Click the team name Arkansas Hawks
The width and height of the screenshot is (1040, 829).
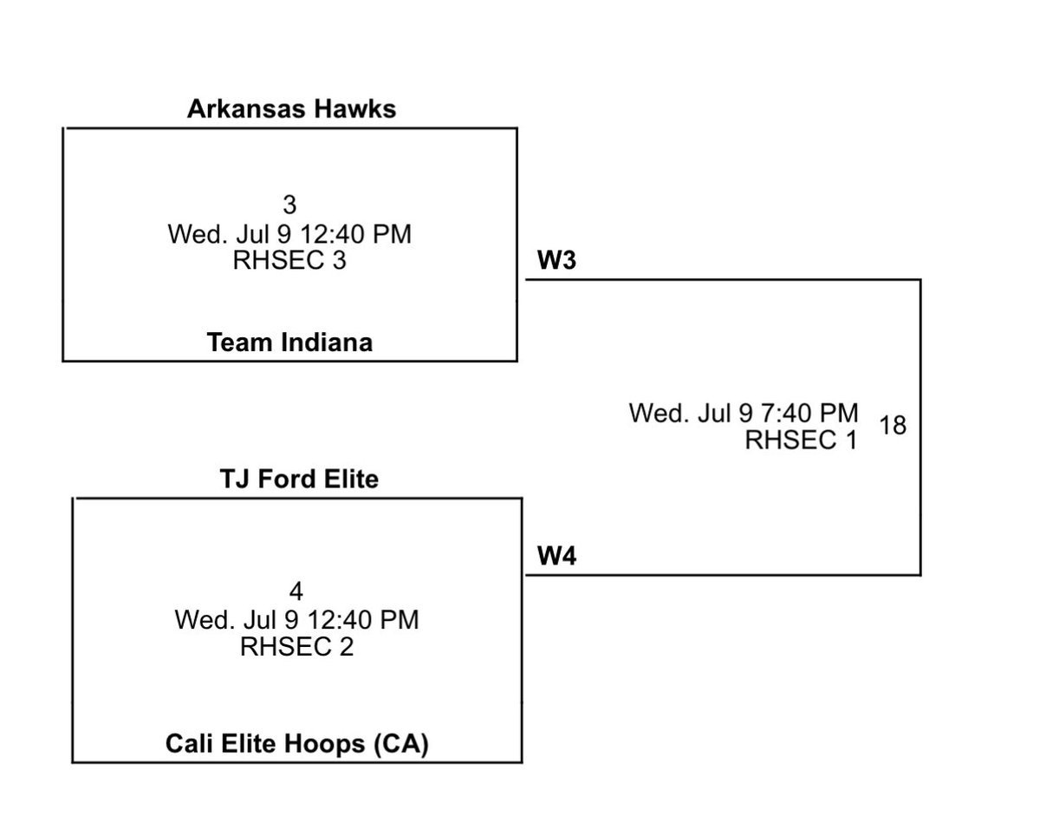click(291, 109)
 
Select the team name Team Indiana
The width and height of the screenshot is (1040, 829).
click(290, 343)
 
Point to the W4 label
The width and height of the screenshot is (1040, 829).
click(557, 557)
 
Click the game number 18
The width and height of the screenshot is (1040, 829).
click(893, 426)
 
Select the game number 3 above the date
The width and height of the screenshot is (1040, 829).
click(289, 205)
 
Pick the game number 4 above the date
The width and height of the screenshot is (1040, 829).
click(296, 592)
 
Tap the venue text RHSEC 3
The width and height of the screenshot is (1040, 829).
click(289, 261)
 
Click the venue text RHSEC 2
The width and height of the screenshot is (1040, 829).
click(296, 647)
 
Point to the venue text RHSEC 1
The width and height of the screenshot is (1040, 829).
click(801, 441)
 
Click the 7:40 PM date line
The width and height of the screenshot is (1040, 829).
click(744, 413)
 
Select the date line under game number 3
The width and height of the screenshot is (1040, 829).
click(289, 233)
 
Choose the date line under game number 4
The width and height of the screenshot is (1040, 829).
click(296, 620)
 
